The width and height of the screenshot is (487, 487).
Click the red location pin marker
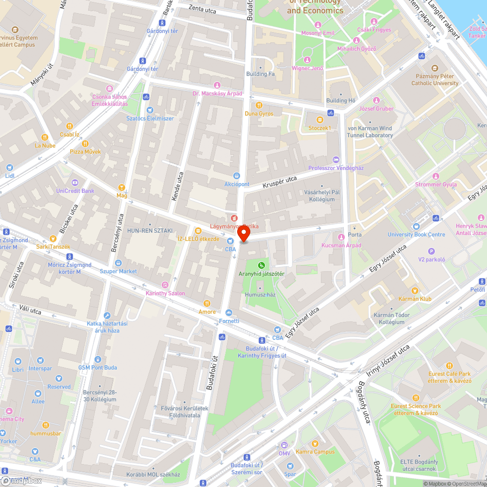[x=243, y=235]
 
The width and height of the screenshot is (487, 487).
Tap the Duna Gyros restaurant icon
[x=259, y=105]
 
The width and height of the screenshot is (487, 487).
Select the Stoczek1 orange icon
[x=319, y=119]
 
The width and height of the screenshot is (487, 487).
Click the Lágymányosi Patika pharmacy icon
[x=234, y=218]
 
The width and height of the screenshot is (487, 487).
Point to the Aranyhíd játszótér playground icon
[x=262, y=265]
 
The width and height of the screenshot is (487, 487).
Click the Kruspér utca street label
[x=280, y=183]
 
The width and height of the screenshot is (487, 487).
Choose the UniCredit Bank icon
[x=75, y=183]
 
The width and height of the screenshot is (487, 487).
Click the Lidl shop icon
[x=10, y=167]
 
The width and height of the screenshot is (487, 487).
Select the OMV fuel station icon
[x=284, y=445]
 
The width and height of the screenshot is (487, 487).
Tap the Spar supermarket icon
[x=290, y=466]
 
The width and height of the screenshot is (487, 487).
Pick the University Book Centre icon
[x=416, y=226]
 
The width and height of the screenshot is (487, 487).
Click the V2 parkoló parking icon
[x=431, y=251]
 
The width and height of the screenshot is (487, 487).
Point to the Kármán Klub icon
[x=415, y=290]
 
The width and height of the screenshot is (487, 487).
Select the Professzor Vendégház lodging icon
[x=336, y=160]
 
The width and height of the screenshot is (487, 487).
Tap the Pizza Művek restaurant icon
[x=85, y=143]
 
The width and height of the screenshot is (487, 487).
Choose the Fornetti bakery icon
[x=229, y=313]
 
